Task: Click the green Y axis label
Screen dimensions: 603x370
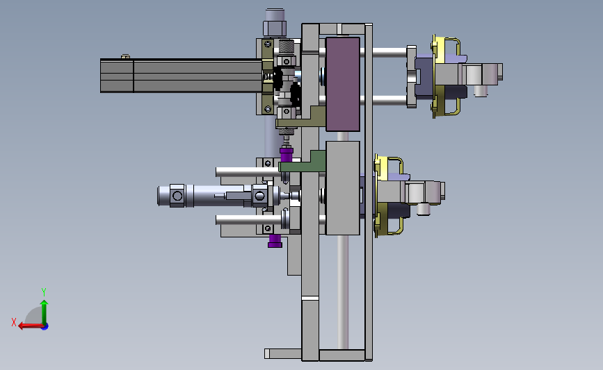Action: pos(43,292)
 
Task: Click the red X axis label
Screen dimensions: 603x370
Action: pos(14,322)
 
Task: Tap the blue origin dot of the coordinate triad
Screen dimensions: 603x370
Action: pos(45,327)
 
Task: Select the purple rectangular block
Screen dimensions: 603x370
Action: pos(343,84)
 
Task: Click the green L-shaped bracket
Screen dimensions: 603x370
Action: pos(304,163)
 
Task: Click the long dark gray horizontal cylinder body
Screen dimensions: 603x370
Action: pos(181,76)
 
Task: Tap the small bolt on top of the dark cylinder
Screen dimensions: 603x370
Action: pos(125,57)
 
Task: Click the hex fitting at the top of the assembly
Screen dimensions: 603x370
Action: pos(275,28)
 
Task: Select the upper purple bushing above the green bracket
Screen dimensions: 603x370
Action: pos(286,155)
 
